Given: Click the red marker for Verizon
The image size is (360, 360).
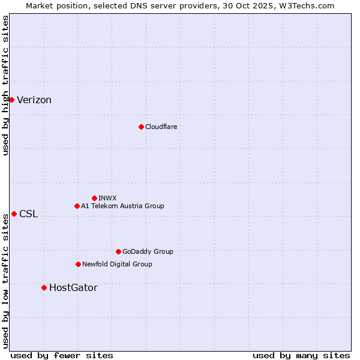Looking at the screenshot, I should click(11, 100).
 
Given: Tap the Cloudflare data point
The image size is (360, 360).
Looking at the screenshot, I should click(141, 127).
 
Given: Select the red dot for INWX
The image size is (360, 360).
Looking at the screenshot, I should click(94, 198).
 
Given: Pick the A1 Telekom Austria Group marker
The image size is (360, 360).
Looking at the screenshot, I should click(77, 206).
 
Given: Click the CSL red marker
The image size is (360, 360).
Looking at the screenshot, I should click(14, 214).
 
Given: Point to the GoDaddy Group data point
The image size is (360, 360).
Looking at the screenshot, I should click(118, 251).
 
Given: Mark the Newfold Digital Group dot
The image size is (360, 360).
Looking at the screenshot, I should click(78, 264).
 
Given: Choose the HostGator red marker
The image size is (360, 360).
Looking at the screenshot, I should click(44, 287).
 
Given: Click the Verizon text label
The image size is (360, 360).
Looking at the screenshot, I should click(34, 100).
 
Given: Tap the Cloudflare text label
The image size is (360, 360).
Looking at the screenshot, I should click(161, 127).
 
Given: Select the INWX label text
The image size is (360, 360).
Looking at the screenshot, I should click(107, 198).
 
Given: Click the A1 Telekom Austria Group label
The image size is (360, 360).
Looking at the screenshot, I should click(122, 206).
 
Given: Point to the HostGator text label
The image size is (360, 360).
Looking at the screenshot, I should click(73, 288).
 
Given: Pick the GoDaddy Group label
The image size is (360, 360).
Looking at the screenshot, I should click(148, 251).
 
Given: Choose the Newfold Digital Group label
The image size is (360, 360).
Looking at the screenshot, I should click(117, 264).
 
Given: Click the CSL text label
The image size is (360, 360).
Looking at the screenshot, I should click(28, 214).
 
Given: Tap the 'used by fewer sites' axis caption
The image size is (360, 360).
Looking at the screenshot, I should click(62, 355).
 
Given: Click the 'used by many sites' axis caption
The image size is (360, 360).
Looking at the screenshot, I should click(301, 355).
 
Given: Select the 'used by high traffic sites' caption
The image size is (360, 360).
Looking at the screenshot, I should click(5, 85).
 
